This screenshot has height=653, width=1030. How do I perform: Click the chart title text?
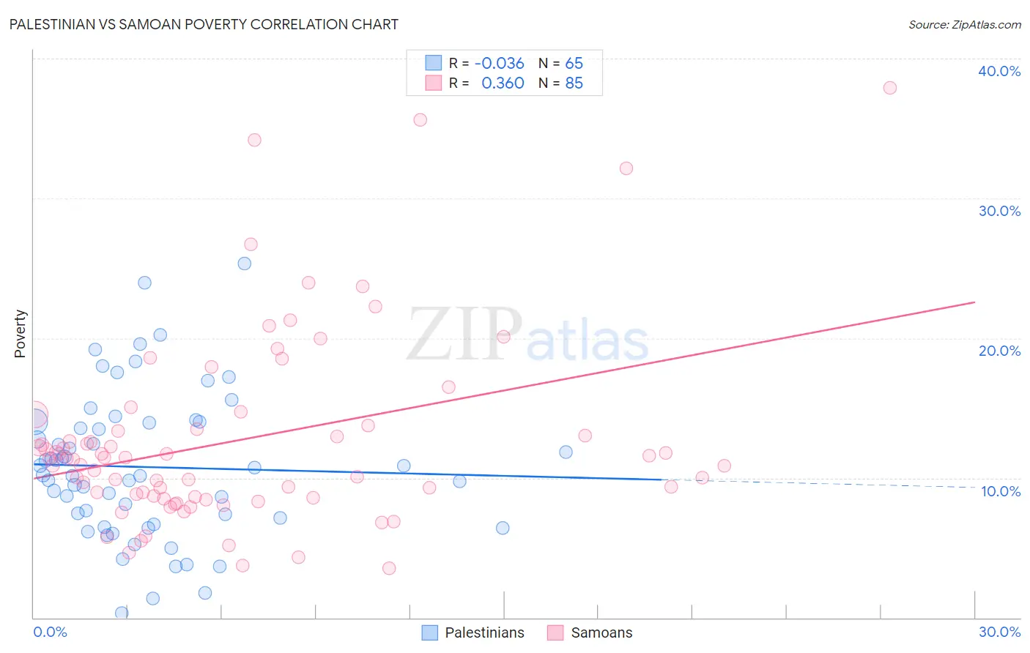coord(204,24)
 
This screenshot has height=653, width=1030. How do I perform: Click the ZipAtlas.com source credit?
coord(964,25)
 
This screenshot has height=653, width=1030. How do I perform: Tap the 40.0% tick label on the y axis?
coord(999,71)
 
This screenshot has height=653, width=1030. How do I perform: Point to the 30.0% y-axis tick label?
coord(999,211)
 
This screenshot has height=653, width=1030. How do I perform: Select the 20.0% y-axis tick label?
coord(999,351)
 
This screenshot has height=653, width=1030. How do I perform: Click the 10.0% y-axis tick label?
coord(1001,491)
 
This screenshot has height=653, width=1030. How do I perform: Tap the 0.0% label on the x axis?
coord(50,632)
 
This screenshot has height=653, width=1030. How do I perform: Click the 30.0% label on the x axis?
coord(999,632)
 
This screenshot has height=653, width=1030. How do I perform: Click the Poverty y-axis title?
coord(20,333)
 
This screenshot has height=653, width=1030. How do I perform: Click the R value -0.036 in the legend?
coord(499,63)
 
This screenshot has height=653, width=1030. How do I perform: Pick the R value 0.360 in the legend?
coord(503,83)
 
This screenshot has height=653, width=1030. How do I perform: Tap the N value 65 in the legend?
coord(574,63)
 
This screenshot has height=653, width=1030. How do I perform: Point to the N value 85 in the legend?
coord(574,83)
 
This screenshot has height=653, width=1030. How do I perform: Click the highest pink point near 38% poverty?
coord(889,88)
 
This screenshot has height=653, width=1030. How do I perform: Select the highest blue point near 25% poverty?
coord(245,264)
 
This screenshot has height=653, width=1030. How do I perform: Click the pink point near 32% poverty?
coord(626,168)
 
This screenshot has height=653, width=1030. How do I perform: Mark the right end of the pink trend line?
coord(975,302)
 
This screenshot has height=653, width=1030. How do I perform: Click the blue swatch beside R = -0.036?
coord(434,63)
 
